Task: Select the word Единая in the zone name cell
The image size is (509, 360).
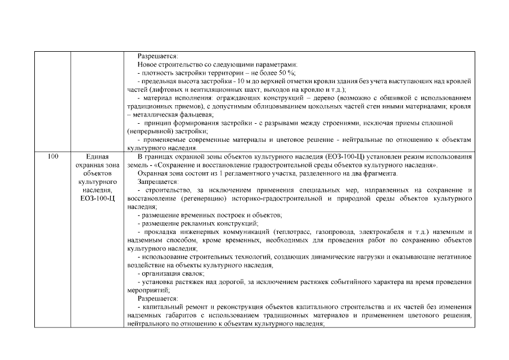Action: (x=97, y=155)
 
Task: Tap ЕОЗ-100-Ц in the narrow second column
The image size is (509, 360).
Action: (x=97, y=198)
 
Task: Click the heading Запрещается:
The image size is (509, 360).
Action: (x=158, y=182)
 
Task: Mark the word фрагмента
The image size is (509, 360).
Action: (x=380, y=174)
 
